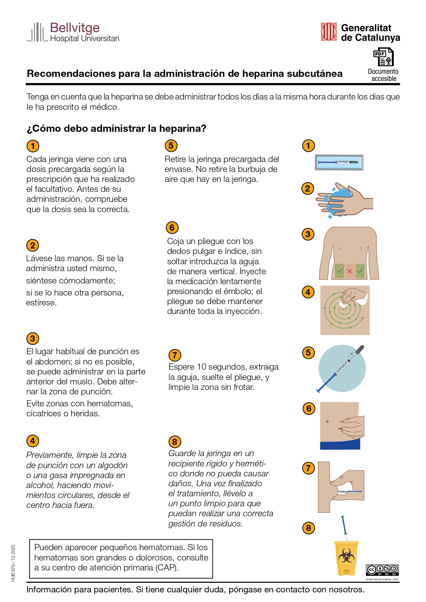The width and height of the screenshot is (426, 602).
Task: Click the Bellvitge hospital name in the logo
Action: click(x=75, y=28)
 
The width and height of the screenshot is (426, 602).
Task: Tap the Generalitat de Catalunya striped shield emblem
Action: click(x=329, y=32)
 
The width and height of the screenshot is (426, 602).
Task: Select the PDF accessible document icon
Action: click(x=383, y=57)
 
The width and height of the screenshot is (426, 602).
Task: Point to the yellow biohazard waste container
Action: click(x=346, y=558)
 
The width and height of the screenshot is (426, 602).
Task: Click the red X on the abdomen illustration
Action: click(x=349, y=271)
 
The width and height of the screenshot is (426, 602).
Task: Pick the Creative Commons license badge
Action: click(x=382, y=570)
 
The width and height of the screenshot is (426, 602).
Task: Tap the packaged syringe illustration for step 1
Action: click(x=339, y=162)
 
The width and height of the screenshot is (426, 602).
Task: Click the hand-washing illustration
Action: click(x=345, y=200)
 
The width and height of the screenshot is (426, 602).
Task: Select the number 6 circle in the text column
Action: click(x=172, y=228)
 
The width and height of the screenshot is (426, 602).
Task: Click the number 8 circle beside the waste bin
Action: click(x=309, y=528)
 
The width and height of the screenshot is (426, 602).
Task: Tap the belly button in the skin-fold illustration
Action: click(x=327, y=421)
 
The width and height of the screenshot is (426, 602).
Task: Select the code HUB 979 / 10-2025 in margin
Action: click(x=13, y=563)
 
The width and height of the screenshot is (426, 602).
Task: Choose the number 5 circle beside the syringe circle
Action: click(x=308, y=352)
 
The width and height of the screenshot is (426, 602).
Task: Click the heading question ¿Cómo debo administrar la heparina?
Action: click(x=116, y=129)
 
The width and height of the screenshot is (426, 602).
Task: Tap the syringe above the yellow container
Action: click(x=344, y=528)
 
